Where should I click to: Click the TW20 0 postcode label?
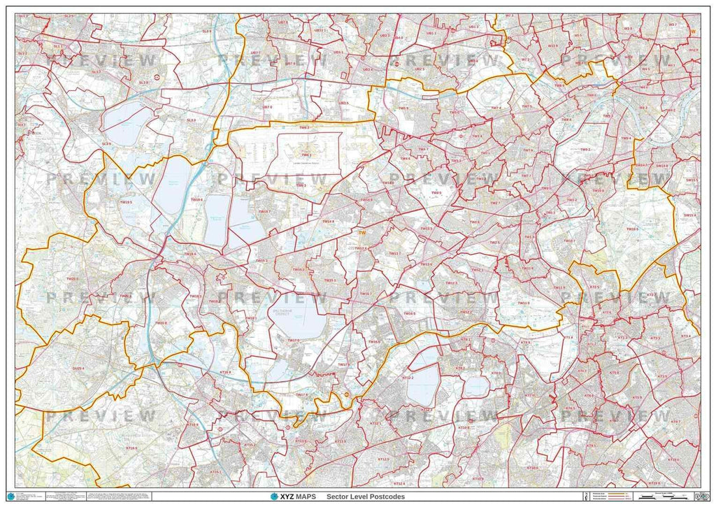click(72, 279)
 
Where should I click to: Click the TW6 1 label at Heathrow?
click(306, 155)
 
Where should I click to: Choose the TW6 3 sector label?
click(301, 185)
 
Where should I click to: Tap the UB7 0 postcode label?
click(267, 107)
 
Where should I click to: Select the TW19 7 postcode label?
click(264, 210)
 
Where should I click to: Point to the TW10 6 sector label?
click(632, 229)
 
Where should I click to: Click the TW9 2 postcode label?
click(585, 150)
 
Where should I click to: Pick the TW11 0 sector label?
click(524, 303)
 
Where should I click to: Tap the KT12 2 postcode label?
click(408, 378)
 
